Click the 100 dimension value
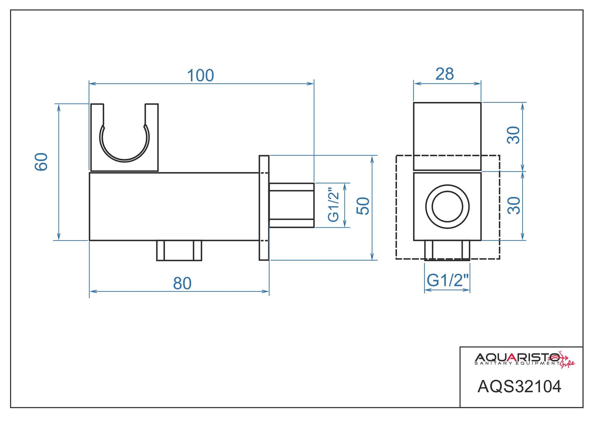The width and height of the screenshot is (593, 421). pos(200,76)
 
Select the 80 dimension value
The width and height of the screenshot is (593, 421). pos(182,283)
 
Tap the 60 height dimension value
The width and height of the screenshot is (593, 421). pos(42,162)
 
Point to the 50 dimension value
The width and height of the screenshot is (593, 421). pos(363,206)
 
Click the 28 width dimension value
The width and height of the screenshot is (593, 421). pos(444,74)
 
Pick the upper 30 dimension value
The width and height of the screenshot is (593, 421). pos(513,135)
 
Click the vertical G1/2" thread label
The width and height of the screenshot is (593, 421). pos(334,205)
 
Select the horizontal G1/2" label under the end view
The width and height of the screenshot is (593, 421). pos(447,280)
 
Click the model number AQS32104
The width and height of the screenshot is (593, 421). pos(519,387)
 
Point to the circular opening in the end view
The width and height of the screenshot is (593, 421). pos(447,207)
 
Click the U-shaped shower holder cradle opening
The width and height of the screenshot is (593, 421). pos(124,138)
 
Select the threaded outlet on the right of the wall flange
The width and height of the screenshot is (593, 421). pos(292,205)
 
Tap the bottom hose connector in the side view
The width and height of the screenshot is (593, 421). pos(179,250)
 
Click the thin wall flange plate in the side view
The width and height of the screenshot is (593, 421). pos(264,208)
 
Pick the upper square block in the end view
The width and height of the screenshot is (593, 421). pos(447,136)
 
